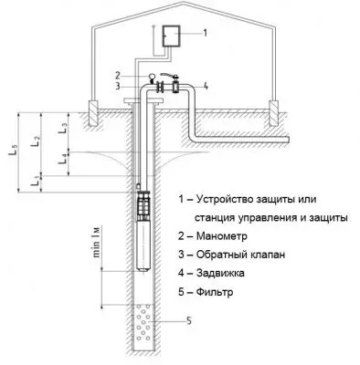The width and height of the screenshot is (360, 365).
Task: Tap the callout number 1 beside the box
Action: pos(205,32)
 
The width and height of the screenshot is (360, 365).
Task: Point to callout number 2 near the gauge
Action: pos(120,74)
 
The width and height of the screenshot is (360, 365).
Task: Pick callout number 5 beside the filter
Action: pos(188,321)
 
